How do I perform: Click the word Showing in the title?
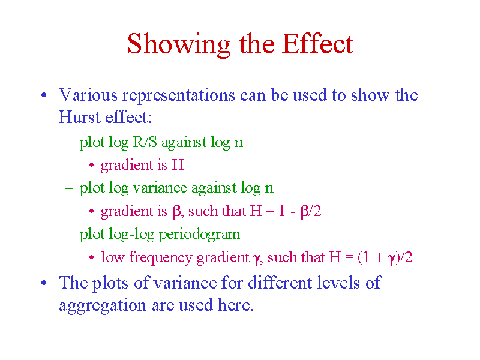[179, 44]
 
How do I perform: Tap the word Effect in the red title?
[318, 43]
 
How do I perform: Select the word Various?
[88, 94]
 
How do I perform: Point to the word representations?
[178, 95]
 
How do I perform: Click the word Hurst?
[80, 116]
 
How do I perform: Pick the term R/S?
[145, 142]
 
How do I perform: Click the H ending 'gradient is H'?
[178, 164]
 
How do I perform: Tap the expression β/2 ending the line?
[311, 211]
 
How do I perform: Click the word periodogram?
[199, 235]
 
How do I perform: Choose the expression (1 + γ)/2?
[385, 257]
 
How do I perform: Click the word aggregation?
[103, 305]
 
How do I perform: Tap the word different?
[280, 282]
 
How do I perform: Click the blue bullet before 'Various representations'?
[44, 95]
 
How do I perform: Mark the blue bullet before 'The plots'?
[44, 283]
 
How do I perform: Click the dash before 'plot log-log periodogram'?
[69, 235]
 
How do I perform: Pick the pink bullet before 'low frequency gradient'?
[91, 257]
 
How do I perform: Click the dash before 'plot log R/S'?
[69, 142]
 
